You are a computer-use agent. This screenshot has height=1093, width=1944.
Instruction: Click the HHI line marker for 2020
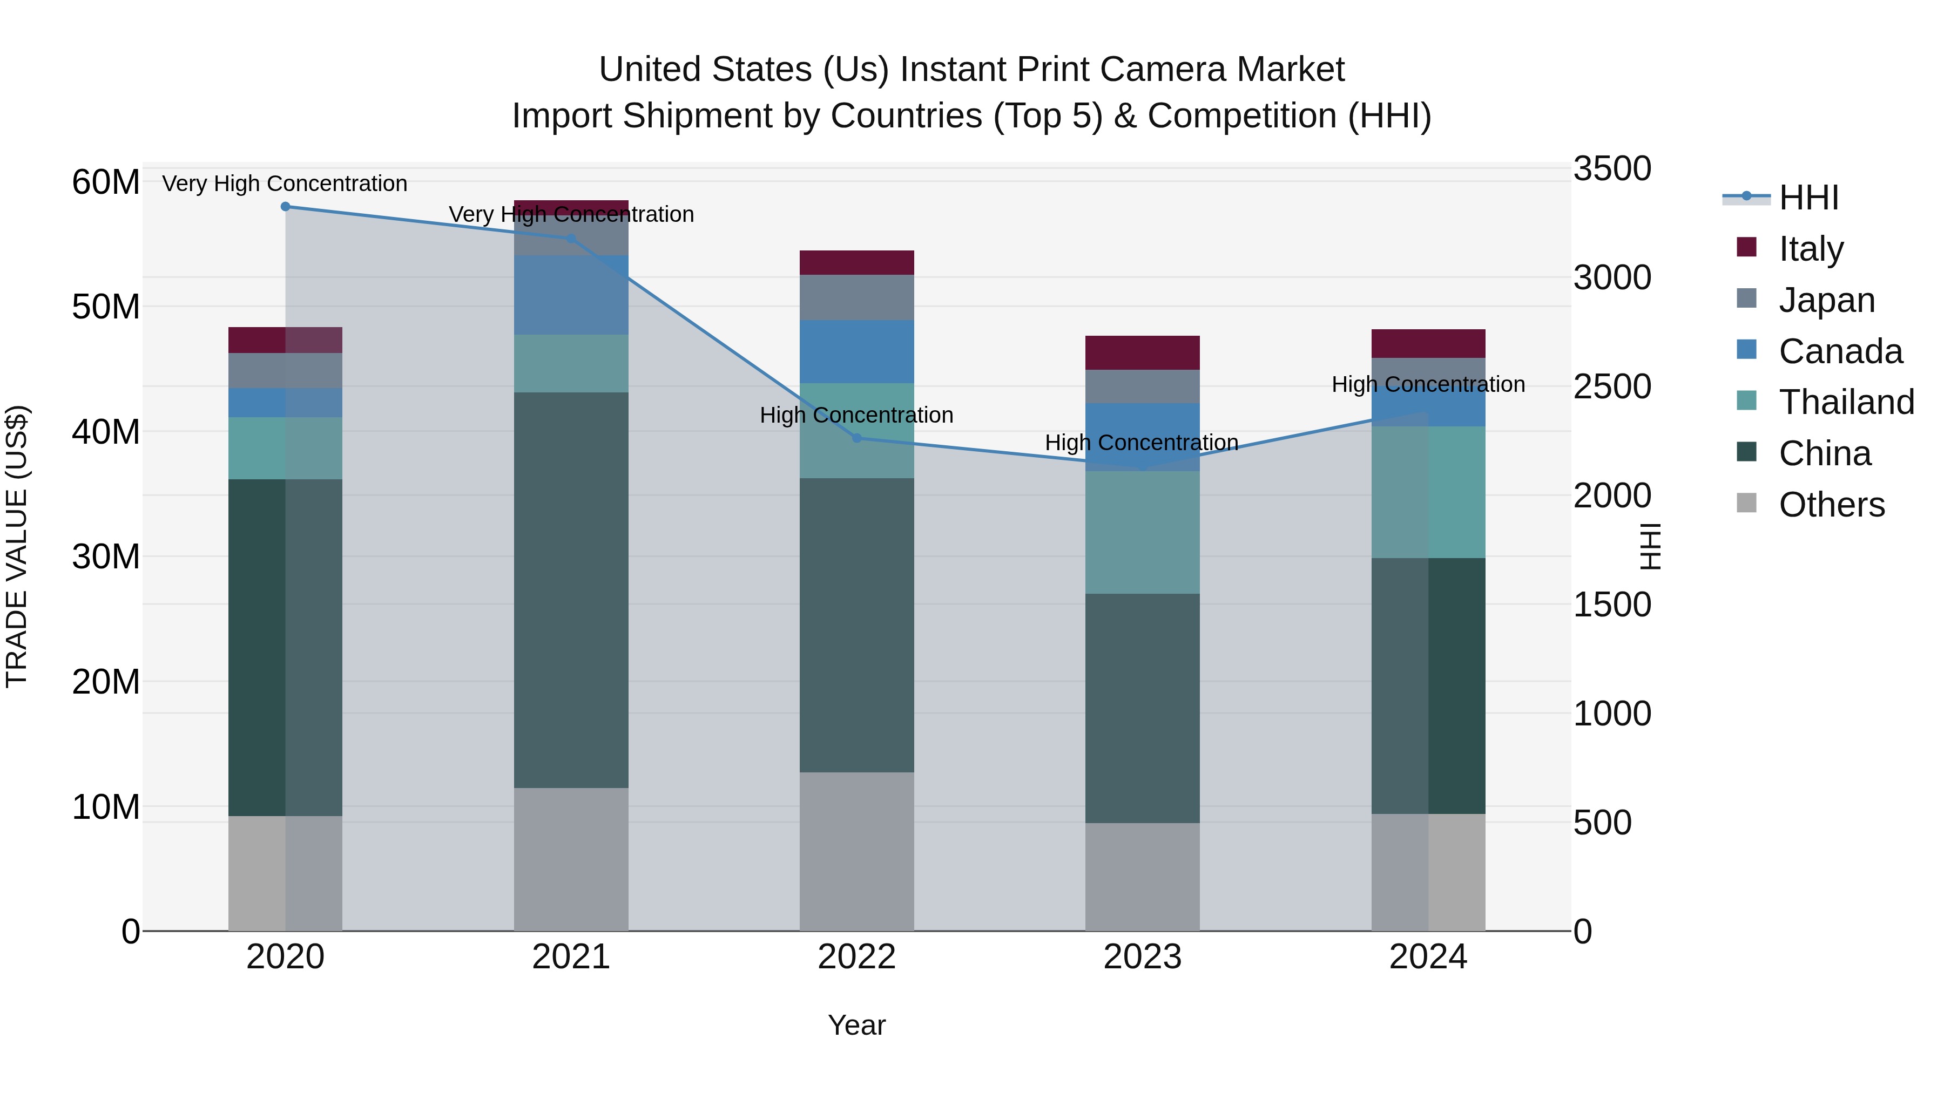click(x=285, y=207)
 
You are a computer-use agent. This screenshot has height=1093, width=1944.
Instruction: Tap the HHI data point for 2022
click(x=856, y=438)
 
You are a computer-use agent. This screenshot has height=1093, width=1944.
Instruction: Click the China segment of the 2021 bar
click(x=571, y=590)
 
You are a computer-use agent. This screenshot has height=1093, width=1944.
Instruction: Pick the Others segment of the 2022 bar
click(x=856, y=851)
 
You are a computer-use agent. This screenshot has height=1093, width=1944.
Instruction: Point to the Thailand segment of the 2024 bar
click(x=1428, y=492)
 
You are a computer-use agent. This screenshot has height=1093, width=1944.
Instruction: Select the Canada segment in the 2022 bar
click(x=856, y=351)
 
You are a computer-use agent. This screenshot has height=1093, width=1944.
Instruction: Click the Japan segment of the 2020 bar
click(x=285, y=370)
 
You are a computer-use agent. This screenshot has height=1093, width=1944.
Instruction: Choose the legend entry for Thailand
click(x=1846, y=402)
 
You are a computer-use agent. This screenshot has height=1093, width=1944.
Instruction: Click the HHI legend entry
click(x=1808, y=198)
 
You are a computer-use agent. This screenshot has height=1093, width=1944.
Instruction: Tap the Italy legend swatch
click(x=1746, y=247)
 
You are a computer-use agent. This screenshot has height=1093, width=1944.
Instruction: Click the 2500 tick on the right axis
click(x=1612, y=387)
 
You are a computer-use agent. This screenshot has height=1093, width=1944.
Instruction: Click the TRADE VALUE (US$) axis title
click(x=17, y=546)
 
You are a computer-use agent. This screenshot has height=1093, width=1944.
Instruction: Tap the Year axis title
click(x=856, y=1025)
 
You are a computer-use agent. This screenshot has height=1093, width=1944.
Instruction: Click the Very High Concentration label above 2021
click(x=571, y=214)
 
